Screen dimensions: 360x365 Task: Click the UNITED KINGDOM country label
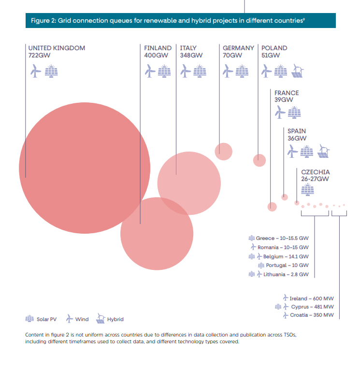[57, 48]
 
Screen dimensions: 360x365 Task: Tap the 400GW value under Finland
[156, 55]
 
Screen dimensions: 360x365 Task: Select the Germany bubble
[223, 152]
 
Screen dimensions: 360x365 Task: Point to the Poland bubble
[259, 160]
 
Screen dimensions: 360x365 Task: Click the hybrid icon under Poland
[298, 71]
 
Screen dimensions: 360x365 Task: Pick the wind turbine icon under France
[280, 112]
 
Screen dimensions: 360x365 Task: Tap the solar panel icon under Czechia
[307, 189]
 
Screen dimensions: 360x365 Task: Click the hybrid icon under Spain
[324, 151]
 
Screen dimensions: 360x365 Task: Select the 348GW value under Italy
[191, 55]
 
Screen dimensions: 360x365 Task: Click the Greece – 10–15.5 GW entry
[279, 238]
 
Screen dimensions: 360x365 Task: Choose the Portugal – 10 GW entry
[283, 265]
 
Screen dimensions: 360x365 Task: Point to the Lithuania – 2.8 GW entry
[279, 274]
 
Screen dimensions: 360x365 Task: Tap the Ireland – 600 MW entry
[308, 298]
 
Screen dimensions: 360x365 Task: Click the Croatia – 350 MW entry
[308, 315]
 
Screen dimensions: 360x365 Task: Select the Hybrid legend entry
[110, 319]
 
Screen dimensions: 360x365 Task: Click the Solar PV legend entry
[41, 319]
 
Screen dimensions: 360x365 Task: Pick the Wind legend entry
[77, 319]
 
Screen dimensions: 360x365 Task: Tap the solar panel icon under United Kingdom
[51, 71]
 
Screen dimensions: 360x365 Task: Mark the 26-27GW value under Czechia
[315, 179]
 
